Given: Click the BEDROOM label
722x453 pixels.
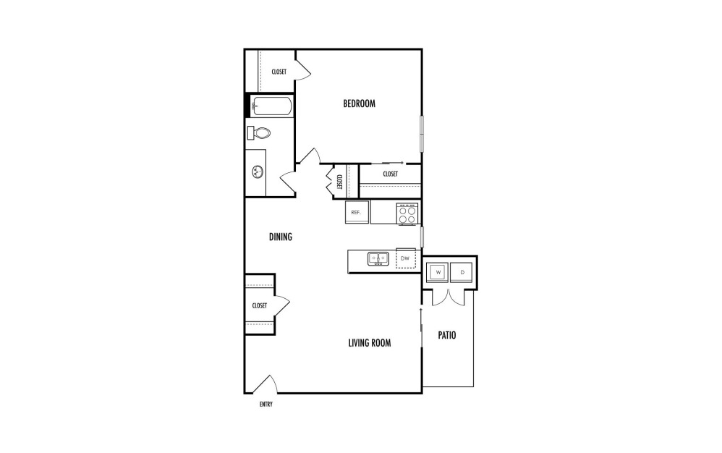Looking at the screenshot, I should point(359,103).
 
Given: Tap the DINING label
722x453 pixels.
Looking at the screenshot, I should point(280,237).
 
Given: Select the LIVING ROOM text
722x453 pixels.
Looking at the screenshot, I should point(370,343).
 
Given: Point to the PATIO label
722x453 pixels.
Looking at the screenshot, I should point(446,336).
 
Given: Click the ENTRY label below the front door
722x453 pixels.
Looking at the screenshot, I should point(266,405).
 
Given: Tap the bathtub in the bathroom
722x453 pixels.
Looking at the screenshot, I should point(272,106).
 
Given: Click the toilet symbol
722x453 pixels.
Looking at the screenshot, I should point(258,133).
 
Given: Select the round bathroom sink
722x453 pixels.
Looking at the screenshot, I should point(257,172).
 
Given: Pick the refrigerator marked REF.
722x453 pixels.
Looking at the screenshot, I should point(357,213).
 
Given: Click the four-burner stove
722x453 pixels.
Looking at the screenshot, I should point(407,213).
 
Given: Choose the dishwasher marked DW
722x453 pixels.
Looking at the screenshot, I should point(405,258).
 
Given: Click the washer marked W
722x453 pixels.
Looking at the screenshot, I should point(436,272).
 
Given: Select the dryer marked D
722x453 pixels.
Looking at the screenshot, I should point(462,272).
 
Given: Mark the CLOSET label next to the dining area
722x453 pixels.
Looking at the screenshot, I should point(260,305).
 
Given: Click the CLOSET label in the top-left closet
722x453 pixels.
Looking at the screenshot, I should point(279,72).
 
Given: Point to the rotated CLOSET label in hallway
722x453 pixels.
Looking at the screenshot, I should point(339,181).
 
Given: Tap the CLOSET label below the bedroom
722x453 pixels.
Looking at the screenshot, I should point(390,174).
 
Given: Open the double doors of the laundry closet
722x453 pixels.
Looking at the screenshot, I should point(449,295).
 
